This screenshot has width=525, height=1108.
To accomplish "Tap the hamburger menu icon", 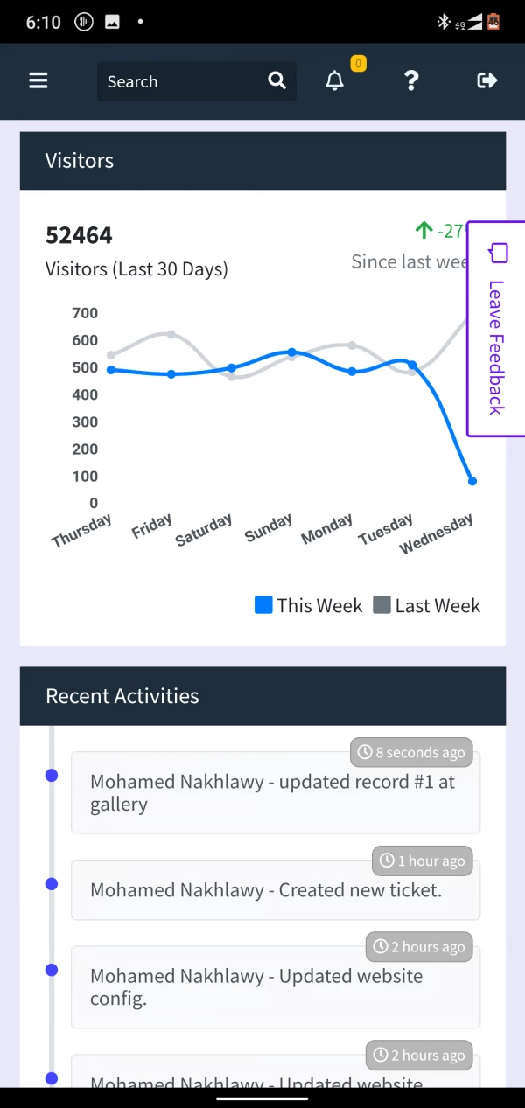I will [x=38, y=81].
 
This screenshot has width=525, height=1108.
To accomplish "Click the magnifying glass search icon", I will [x=276, y=81].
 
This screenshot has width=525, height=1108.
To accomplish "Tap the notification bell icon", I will [x=334, y=81].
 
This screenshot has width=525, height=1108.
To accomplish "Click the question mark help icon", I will [x=411, y=81].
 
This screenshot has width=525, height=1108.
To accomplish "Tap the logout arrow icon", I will [x=486, y=81].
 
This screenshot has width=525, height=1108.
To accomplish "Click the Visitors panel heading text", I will [x=80, y=161].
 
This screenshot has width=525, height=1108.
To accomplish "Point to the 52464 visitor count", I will [x=79, y=235].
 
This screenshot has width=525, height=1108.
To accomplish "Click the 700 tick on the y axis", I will [x=84, y=313].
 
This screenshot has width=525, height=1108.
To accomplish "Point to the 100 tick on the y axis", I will [x=84, y=477].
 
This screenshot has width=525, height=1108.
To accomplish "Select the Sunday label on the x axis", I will [x=269, y=528].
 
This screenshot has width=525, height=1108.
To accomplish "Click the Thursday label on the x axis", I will [x=82, y=531].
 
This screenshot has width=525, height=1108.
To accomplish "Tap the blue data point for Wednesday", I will [x=472, y=481].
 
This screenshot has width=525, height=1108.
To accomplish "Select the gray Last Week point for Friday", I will [x=171, y=335].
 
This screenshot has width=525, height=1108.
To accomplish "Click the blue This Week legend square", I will [x=263, y=605].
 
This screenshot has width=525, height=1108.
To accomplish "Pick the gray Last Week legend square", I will [x=381, y=605].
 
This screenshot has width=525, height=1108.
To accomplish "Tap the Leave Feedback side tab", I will [x=495, y=329].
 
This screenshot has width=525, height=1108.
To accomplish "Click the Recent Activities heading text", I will [x=122, y=696].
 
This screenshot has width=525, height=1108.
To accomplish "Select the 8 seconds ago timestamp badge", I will [x=411, y=752].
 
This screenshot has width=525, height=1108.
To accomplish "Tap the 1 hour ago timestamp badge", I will [x=422, y=861].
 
